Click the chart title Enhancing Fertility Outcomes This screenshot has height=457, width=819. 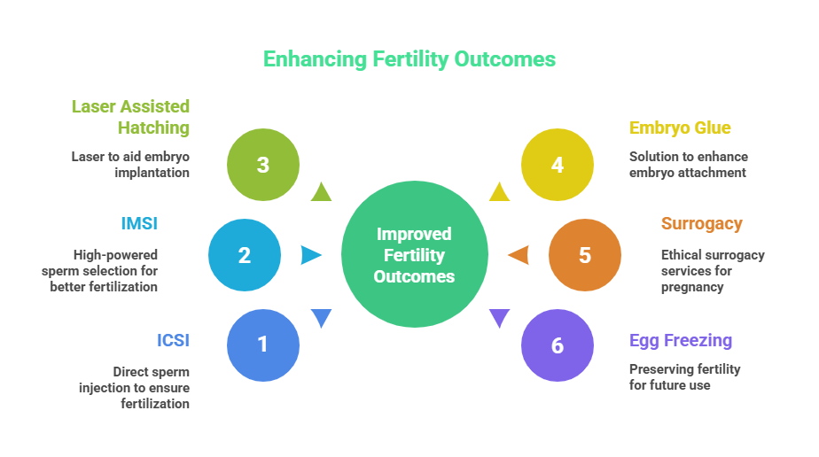point(409,59)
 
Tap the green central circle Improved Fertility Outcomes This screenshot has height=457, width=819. point(415,255)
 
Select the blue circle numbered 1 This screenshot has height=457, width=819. point(262,344)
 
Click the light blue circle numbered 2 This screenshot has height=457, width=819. point(245,255)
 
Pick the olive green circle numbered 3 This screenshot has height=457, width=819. point(262,165)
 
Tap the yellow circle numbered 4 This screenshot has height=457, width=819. point(557,165)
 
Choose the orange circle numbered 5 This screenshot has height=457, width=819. point(584,255)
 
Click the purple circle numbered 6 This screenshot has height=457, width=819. point(557,345)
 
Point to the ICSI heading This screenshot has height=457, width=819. point(174,340)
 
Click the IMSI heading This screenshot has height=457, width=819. point(139,223)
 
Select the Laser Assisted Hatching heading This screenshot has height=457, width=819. point(131,117)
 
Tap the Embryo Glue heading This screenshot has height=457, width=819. point(680,128)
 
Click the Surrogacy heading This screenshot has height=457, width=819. point(701,223)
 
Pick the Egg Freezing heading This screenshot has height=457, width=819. point(681,340)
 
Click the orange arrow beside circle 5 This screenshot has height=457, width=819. point(519,255)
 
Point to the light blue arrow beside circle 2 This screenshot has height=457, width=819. point(311,255)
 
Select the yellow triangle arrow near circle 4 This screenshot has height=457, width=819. point(499,191)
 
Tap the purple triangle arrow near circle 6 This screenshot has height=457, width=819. point(500,318)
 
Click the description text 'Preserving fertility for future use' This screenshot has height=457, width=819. point(684,377)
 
